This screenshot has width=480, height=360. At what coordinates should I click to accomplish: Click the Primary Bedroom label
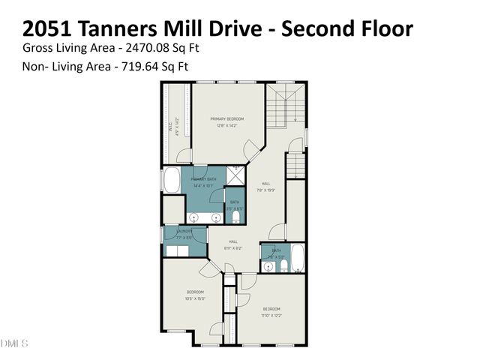226,118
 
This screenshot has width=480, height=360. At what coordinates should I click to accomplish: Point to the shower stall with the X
235,176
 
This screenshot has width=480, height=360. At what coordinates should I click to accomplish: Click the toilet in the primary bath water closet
235,216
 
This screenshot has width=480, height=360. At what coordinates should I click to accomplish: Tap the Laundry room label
184,232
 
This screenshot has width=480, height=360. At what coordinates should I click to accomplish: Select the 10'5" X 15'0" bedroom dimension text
195,298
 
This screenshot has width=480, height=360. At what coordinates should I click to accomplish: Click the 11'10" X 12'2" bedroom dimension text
271,316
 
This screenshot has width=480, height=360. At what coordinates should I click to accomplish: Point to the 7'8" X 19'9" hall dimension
265,190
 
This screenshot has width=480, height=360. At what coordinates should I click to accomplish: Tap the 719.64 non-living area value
139,66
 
